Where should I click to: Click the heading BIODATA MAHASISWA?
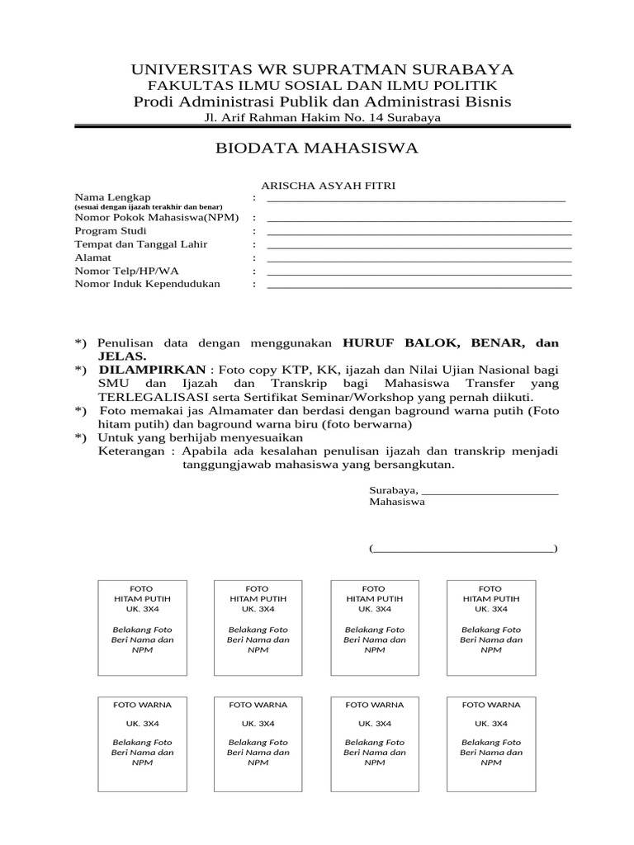(x=317, y=149)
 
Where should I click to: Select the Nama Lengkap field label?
(x=113, y=197)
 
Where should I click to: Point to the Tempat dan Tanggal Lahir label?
(x=141, y=244)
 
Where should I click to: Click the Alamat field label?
(x=93, y=257)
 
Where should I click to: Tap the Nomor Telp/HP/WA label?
(x=126, y=271)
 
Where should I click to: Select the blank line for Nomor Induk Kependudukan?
(x=419, y=286)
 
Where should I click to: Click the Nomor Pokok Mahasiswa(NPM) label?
(x=157, y=217)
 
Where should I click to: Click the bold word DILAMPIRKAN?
(x=151, y=371)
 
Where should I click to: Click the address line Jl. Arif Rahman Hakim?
(x=322, y=118)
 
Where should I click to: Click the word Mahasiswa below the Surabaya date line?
(x=397, y=502)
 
